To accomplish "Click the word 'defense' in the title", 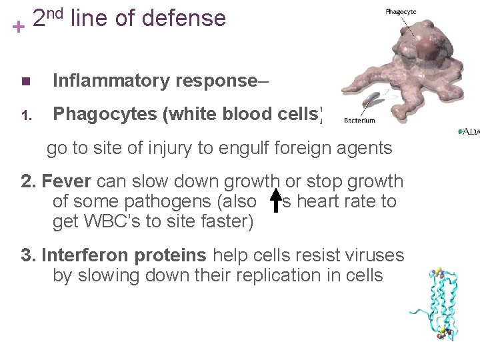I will [x=188, y=19].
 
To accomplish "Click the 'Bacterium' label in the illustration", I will [x=359, y=121].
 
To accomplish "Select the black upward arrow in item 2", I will [x=275, y=202].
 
